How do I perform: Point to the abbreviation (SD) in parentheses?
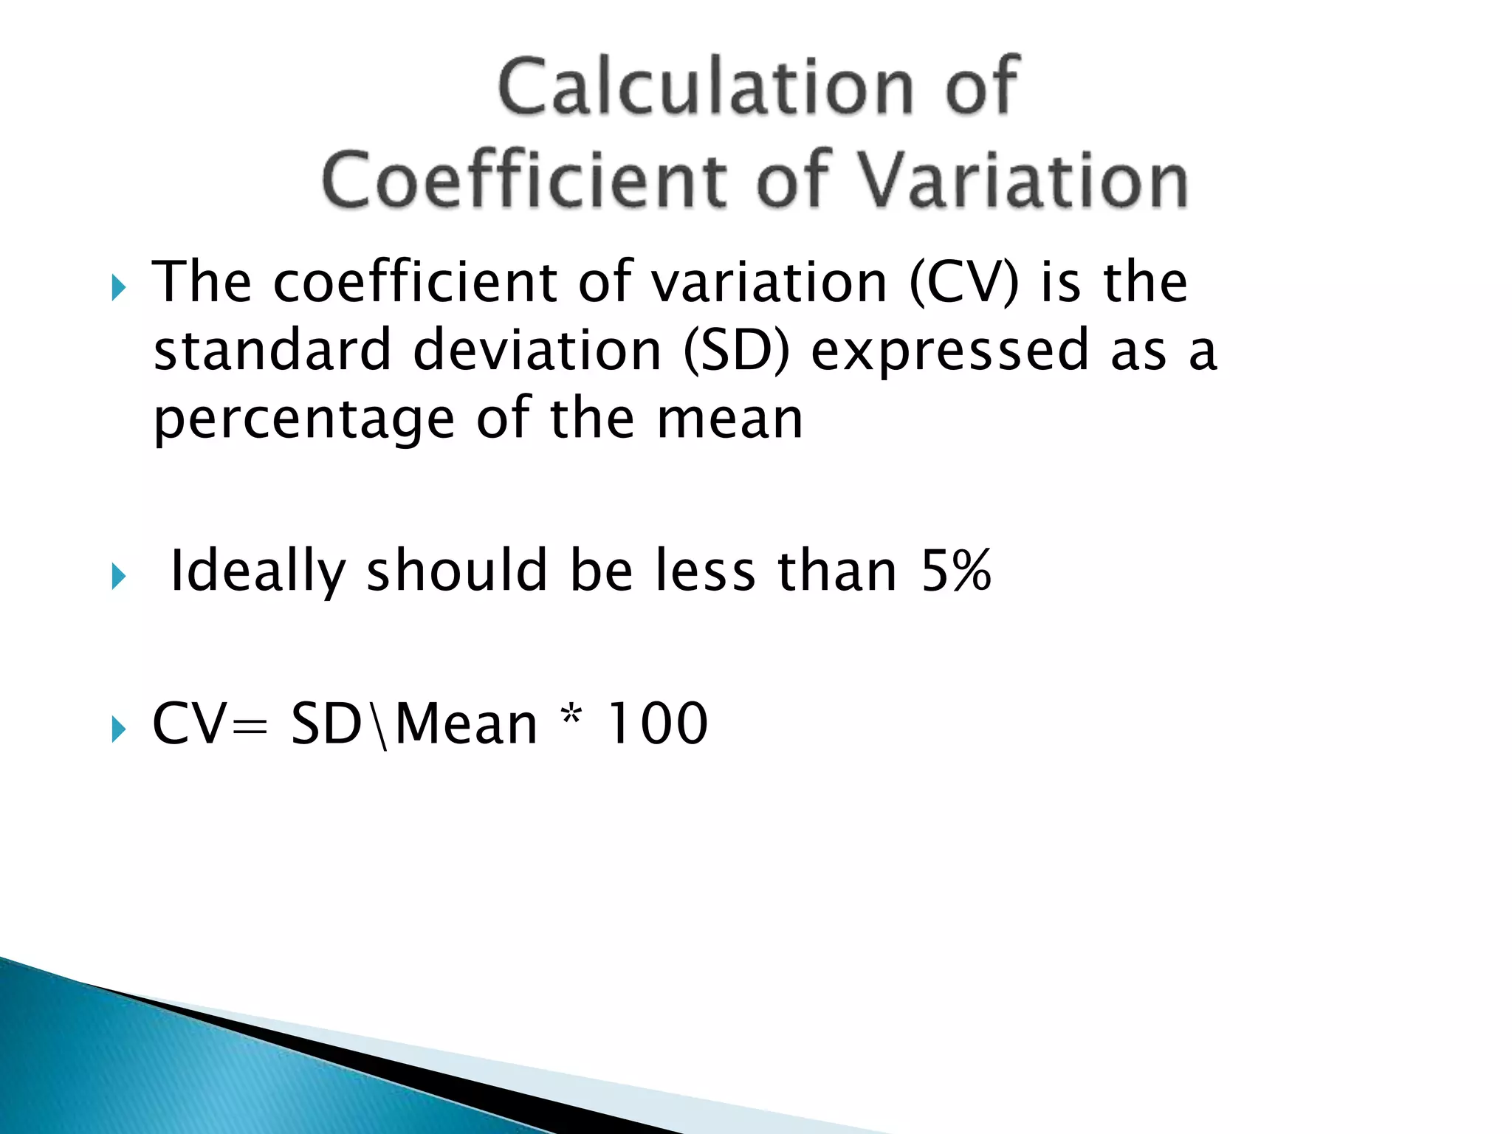[x=736, y=350]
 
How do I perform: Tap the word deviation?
[x=537, y=350]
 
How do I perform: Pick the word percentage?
[x=303, y=419]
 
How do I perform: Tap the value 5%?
[x=955, y=571]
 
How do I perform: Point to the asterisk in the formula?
[x=571, y=716]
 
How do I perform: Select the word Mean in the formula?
[x=467, y=724]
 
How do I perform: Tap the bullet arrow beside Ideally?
[x=118, y=577]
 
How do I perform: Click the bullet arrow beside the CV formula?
[x=118, y=729]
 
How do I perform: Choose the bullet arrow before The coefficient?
[x=118, y=288]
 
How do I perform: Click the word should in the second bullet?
[x=456, y=571]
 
